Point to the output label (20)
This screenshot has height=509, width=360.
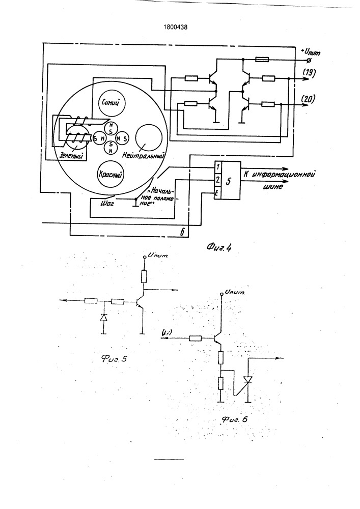[309, 99]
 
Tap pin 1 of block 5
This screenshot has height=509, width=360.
[218, 167]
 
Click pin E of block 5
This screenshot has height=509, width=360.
[218, 193]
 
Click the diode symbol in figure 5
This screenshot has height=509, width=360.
[104, 317]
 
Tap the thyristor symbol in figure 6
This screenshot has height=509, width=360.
[248, 380]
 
